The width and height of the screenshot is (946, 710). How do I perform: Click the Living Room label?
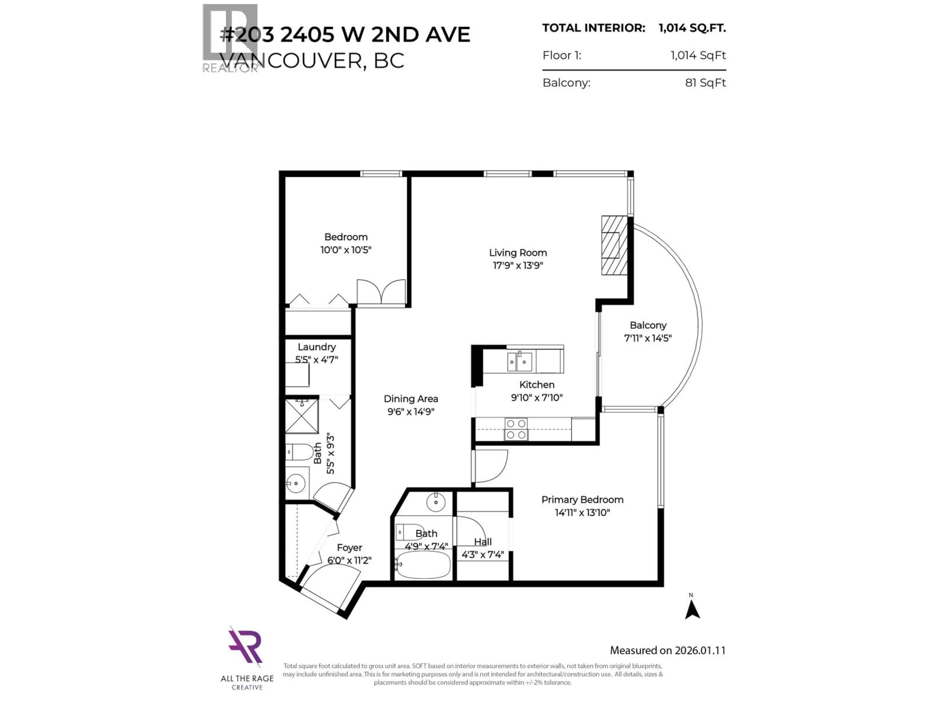click(x=518, y=252)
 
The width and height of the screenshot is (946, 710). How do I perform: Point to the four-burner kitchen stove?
click(x=516, y=429)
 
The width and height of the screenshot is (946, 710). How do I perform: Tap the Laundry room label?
click(x=317, y=347)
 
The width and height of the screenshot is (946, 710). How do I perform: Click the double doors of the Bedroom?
click(x=381, y=292)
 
